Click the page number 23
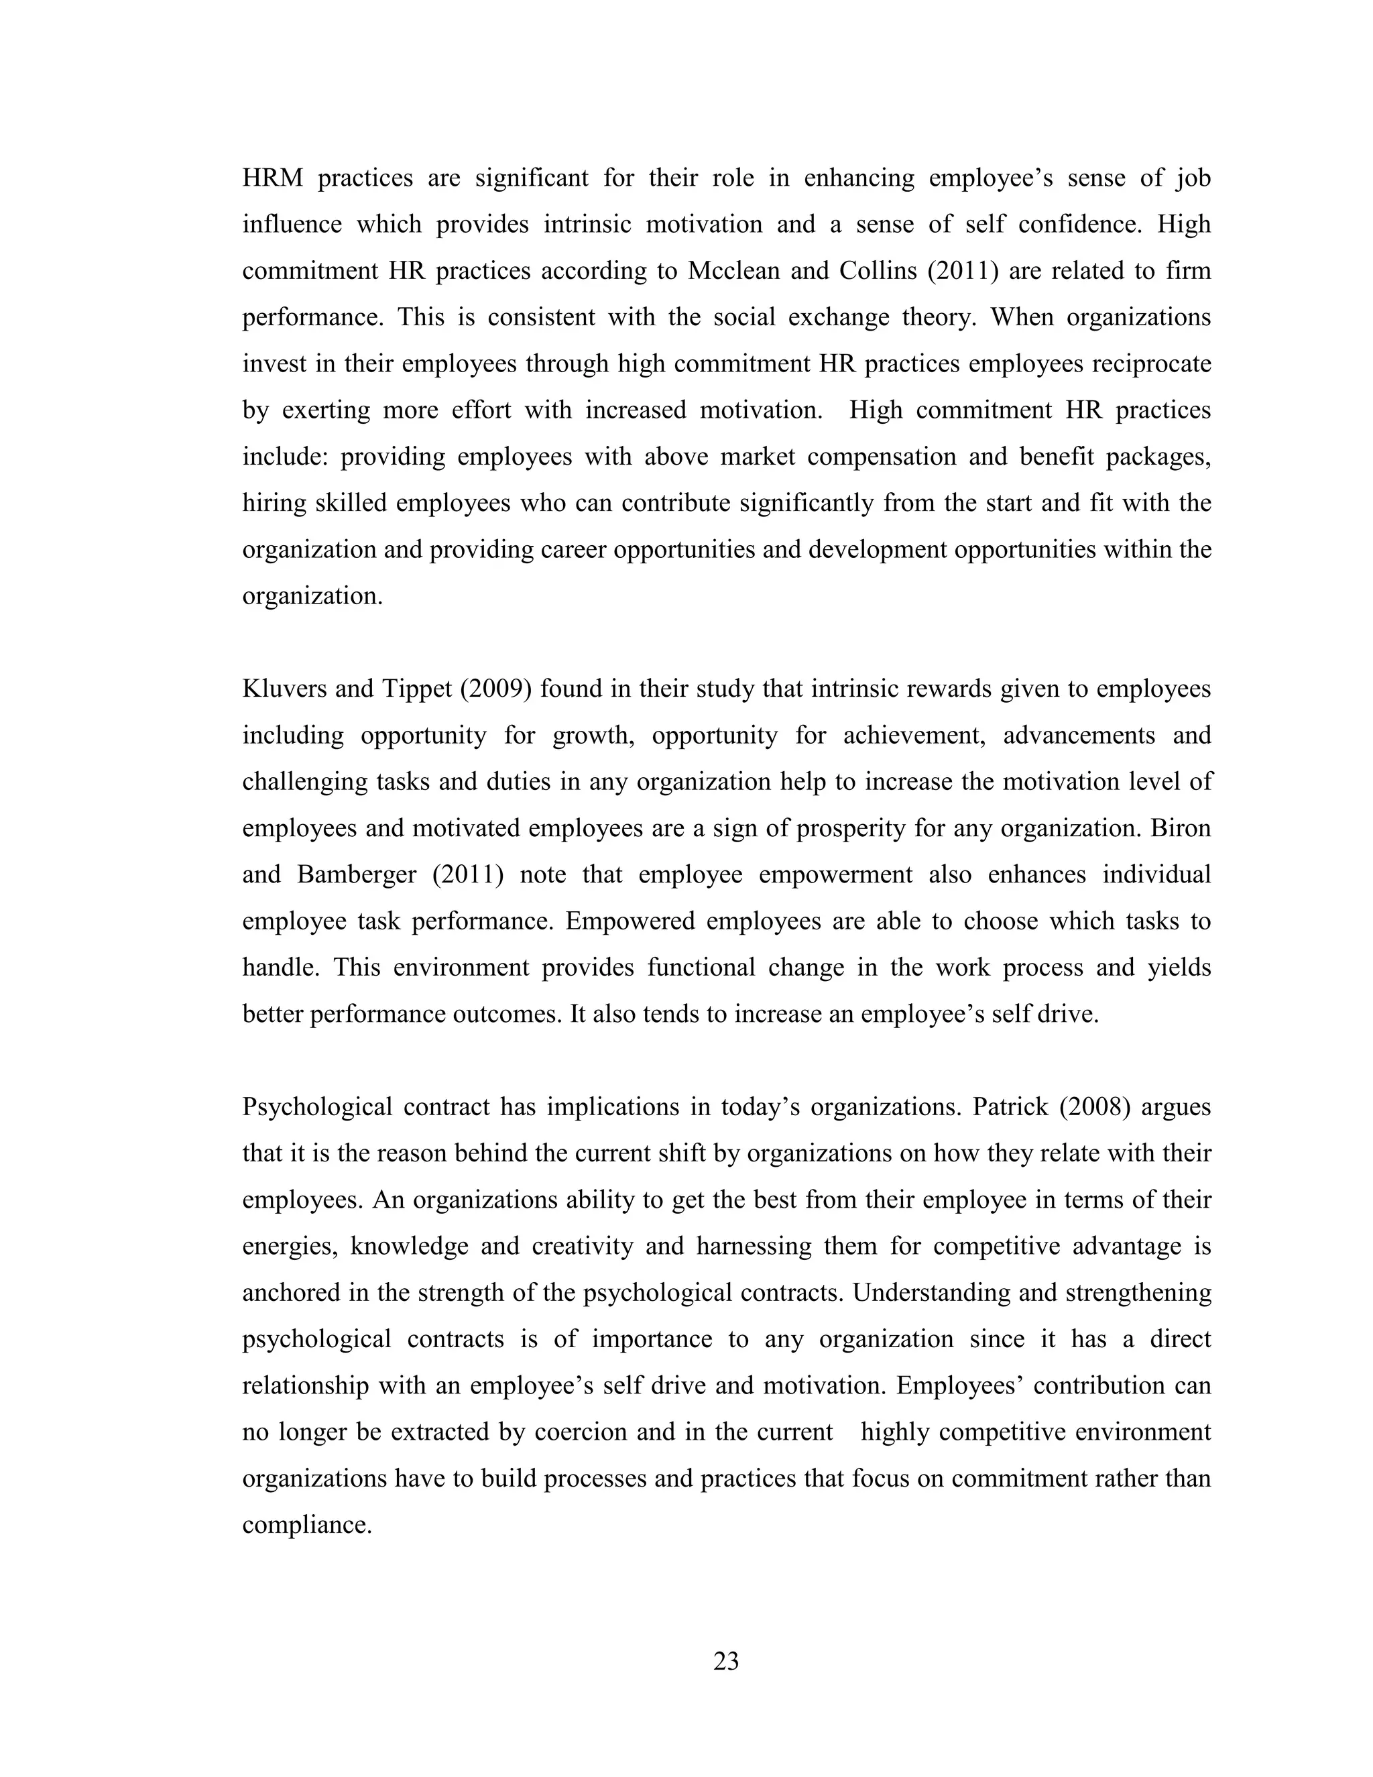pos(725,1660)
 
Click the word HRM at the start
pos(272,178)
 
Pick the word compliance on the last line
pos(306,1525)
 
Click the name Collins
pos(878,271)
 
